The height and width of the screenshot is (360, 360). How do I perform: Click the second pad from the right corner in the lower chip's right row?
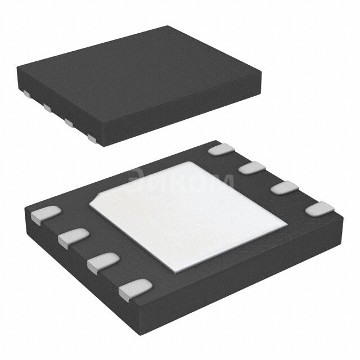pos(283,187)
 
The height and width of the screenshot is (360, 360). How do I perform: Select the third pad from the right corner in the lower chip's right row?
pos(251,168)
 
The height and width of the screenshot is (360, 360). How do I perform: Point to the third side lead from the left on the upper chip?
pos(69,121)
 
